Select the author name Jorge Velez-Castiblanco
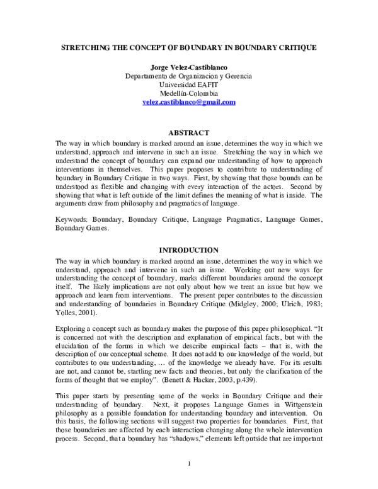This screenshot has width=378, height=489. (x=188, y=67)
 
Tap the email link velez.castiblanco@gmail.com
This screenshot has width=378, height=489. (x=188, y=102)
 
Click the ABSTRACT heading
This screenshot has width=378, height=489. (x=188, y=133)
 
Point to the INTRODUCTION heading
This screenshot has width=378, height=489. (x=188, y=250)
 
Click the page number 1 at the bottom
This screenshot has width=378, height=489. (x=189, y=464)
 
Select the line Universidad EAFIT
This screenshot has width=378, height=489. (x=188, y=85)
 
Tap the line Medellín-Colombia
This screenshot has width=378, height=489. (x=188, y=93)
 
